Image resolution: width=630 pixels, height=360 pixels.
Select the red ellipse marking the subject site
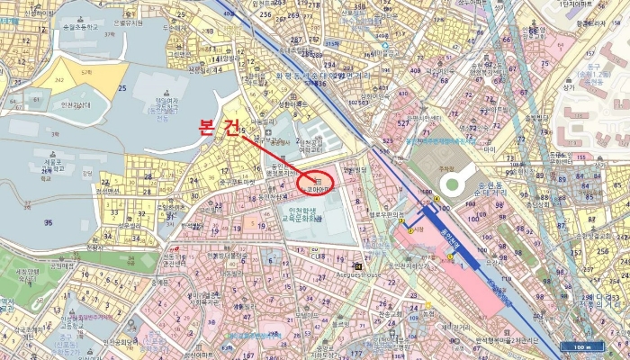[x=315, y=183]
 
